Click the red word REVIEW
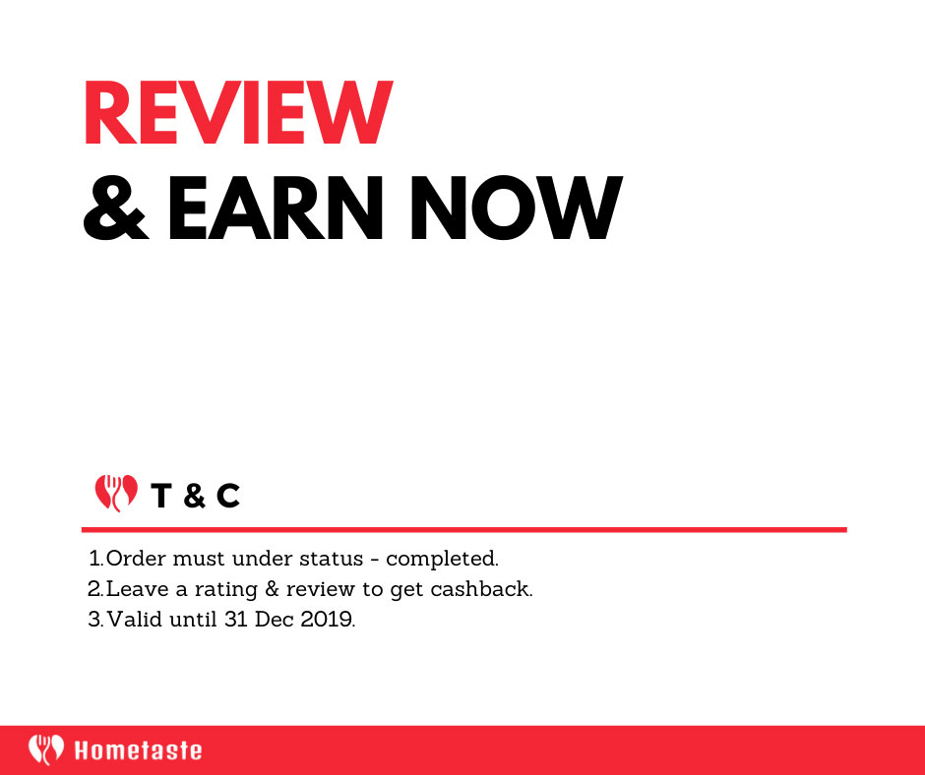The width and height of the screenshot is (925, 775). pyautogui.click(x=238, y=112)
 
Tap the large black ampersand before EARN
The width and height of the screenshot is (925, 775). pyautogui.click(x=116, y=208)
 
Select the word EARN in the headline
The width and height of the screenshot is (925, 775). pyautogui.click(x=276, y=208)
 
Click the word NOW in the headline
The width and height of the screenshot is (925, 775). pyautogui.click(x=517, y=208)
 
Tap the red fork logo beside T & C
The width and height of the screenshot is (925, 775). pyautogui.click(x=116, y=493)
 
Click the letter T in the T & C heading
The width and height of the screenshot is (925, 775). pyautogui.click(x=160, y=496)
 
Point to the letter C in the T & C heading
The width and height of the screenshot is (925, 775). pyautogui.click(x=228, y=496)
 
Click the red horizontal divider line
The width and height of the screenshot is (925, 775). pyautogui.click(x=464, y=530)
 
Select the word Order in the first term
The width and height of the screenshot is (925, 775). pyautogui.click(x=136, y=559)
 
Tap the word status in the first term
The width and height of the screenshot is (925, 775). pyautogui.click(x=331, y=559)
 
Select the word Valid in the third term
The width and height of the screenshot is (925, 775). pyautogui.click(x=135, y=620)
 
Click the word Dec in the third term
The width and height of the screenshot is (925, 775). pyautogui.click(x=275, y=620)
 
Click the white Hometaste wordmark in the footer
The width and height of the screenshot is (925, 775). pyautogui.click(x=138, y=750)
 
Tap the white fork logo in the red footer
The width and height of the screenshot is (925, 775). pyautogui.click(x=46, y=749)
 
